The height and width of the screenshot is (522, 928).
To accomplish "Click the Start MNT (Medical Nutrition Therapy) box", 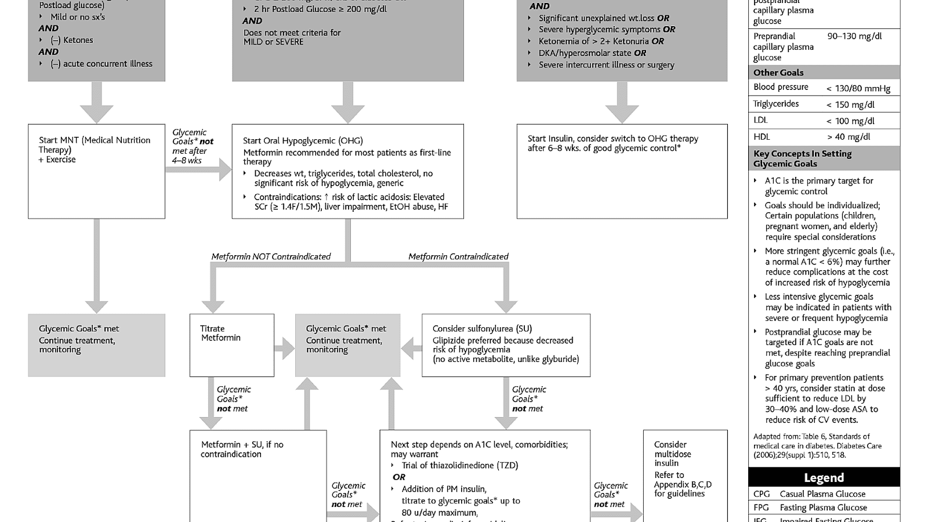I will pos(96,171).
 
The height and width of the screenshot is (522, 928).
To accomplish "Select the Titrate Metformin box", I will pos(231,345).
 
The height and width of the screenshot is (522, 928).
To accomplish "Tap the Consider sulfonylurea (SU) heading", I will pos(481,328).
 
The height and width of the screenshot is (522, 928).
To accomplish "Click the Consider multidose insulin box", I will pos(684,470).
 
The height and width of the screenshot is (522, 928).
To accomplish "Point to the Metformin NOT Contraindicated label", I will pos(271,256).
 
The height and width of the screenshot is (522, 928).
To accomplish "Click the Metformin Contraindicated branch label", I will pos(458,256).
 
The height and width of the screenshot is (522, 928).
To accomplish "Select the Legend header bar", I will pos(824,477).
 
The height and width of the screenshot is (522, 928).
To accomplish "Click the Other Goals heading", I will pos(778,72).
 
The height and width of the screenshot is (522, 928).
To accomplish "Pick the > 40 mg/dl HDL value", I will pos(849,137).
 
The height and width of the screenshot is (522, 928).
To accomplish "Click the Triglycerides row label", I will pos(775,104).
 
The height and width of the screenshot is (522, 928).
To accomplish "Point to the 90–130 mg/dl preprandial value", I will pos(854,36).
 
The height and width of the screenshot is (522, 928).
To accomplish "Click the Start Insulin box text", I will pos(612,143).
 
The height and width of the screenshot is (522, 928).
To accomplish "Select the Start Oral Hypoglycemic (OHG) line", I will pos(302,140).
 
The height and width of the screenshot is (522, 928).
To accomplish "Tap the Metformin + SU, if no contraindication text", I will pos(242,449).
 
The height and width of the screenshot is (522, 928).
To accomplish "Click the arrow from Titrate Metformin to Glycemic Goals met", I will pos(284,349).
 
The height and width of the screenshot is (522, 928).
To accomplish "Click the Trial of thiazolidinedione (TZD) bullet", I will pos(459,465).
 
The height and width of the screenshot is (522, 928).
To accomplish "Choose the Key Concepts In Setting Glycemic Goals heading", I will pos(802,158).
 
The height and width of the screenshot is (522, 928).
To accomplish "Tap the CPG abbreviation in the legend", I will pos(762,494).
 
